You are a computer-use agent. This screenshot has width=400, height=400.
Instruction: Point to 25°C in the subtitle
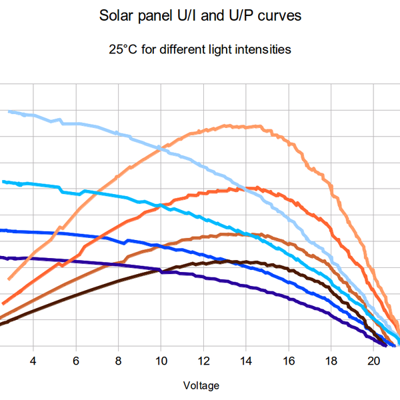click(123, 50)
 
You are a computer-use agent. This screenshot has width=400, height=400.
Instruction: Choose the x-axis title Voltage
click(200, 385)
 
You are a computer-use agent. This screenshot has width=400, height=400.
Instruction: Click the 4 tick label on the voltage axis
click(33, 361)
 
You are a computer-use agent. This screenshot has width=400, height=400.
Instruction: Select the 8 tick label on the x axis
click(118, 361)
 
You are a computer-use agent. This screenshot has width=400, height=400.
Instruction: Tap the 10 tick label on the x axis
click(161, 361)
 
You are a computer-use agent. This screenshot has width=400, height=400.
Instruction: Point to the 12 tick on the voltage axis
click(203, 361)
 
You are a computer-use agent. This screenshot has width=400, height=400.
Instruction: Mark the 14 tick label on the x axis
click(246, 361)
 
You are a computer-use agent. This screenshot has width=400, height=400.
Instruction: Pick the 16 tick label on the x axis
click(288, 361)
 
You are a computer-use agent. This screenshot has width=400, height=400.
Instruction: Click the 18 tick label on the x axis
click(331, 361)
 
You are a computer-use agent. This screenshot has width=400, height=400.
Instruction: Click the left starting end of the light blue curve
click(9, 111)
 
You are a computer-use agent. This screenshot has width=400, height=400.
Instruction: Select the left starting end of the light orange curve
click(9, 279)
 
